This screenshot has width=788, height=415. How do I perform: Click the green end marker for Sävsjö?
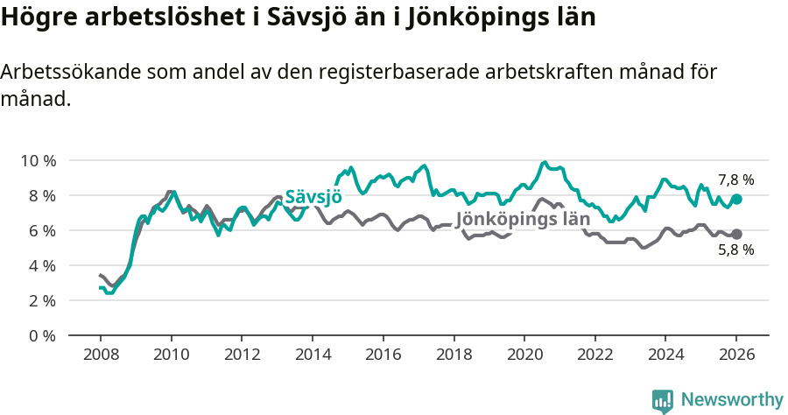pyautogui.click(x=736, y=200)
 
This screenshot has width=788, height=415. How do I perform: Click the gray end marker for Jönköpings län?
pyautogui.click(x=736, y=234)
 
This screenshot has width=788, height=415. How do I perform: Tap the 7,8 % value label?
pyautogui.click(x=735, y=180)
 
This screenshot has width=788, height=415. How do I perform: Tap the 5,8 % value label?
pyautogui.click(x=735, y=250)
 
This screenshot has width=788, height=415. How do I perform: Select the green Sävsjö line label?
pyautogui.click(x=313, y=195)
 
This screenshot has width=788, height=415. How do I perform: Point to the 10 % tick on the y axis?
pyautogui.click(x=39, y=160)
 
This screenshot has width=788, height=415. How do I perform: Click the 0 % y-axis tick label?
pyautogui.click(x=42, y=335)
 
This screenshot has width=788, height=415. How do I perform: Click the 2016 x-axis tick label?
pyautogui.click(x=383, y=355)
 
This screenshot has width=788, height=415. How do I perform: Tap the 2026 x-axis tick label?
pyautogui.click(x=736, y=355)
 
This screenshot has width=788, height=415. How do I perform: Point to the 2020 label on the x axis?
pyautogui.click(x=524, y=355)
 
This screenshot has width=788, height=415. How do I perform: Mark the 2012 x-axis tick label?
pyautogui.click(x=242, y=355)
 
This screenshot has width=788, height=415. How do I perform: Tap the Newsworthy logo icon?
pyautogui.click(x=663, y=400)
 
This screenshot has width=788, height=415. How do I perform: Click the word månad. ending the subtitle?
pyautogui.click(x=35, y=99)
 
